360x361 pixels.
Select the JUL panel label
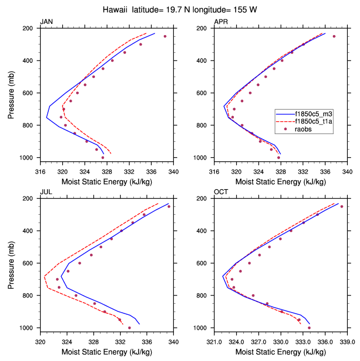point(46,192)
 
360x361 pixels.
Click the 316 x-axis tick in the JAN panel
point(40,171)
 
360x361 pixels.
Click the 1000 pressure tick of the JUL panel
point(29,328)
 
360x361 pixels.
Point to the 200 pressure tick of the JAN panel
point(31,28)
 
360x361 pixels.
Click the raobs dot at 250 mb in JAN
point(165,36)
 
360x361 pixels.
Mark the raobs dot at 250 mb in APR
point(334,36)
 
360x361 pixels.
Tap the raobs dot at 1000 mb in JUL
point(129,328)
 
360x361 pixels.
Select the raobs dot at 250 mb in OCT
point(342,206)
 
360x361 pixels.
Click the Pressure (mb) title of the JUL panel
point(12,263)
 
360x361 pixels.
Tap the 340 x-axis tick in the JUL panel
point(173,341)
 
